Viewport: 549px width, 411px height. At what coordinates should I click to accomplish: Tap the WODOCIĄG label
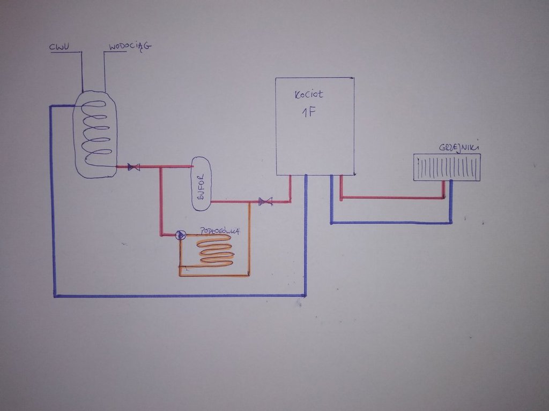pyautogui.click(x=130, y=47)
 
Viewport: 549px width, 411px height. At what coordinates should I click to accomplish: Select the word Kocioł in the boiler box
pyautogui.click(x=309, y=95)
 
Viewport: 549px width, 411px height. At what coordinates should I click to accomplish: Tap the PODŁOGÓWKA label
pyautogui.click(x=219, y=231)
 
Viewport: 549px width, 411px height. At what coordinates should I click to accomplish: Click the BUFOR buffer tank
pyautogui.click(x=202, y=184)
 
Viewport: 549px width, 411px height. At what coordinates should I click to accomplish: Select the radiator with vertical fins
pyautogui.click(x=447, y=167)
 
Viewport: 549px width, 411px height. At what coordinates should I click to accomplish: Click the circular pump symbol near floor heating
pyautogui.click(x=181, y=235)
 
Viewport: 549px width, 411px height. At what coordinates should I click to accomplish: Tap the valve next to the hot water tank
pyautogui.click(x=133, y=167)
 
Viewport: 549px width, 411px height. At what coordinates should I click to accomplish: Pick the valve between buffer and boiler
pyautogui.click(x=265, y=202)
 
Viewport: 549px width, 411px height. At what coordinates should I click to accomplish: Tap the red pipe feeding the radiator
pyautogui.click(x=391, y=198)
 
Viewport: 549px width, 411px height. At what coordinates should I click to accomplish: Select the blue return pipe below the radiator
pyautogui.click(x=391, y=223)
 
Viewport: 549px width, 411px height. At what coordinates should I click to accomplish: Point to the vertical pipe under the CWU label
pyautogui.click(x=82, y=72)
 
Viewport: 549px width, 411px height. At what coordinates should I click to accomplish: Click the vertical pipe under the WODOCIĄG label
pyautogui.click(x=105, y=72)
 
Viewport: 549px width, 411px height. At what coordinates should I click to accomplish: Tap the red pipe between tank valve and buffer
pyautogui.click(x=161, y=167)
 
